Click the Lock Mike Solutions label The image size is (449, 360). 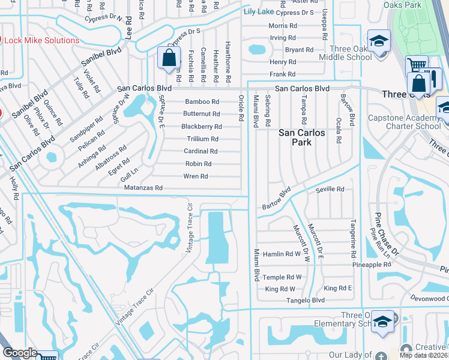click(x=42, y=40)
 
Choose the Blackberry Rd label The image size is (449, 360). click(x=202, y=127)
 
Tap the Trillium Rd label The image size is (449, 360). click(x=202, y=139)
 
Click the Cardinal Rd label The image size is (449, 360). click(x=200, y=151)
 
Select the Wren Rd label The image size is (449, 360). click(x=196, y=176)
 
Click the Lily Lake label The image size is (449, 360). click(x=259, y=11)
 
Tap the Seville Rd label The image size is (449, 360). click(x=330, y=189)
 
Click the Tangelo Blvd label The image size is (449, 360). click(x=306, y=300)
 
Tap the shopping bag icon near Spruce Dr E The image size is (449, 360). click(x=169, y=58)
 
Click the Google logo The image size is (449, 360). click(x=19, y=353)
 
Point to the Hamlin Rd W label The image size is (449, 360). click(x=281, y=254)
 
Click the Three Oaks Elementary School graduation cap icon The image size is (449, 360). click(x=382, y=322)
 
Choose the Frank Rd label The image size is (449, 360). click(x=283, y=74)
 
